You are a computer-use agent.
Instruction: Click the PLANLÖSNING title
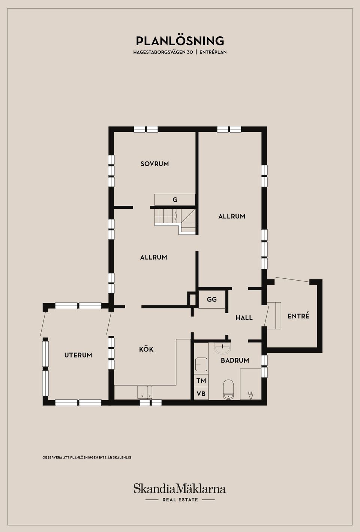point(180,41)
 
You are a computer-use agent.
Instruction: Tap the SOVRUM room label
point(154,164)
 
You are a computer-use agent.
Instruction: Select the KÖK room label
point(146,349)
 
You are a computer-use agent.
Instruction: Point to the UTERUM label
point(78,355)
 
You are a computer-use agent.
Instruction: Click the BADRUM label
point(235,360)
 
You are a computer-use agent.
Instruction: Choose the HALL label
point(244,318)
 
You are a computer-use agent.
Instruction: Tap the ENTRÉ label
point(298,316)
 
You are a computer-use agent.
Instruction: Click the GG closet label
point(211,299)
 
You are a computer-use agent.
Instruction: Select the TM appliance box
point(201,381)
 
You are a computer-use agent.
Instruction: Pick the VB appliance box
point(201,394)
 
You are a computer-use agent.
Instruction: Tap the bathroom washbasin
point(223,348)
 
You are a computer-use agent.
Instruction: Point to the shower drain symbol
point(250,395)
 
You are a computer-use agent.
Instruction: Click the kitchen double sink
point(145,392)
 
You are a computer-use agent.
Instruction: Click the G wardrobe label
point(175,200)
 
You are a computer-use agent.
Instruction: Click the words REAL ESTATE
point(180,500)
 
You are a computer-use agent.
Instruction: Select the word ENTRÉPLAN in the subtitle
point(213,52)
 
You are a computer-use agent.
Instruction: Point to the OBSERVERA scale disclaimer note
point(87,457)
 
